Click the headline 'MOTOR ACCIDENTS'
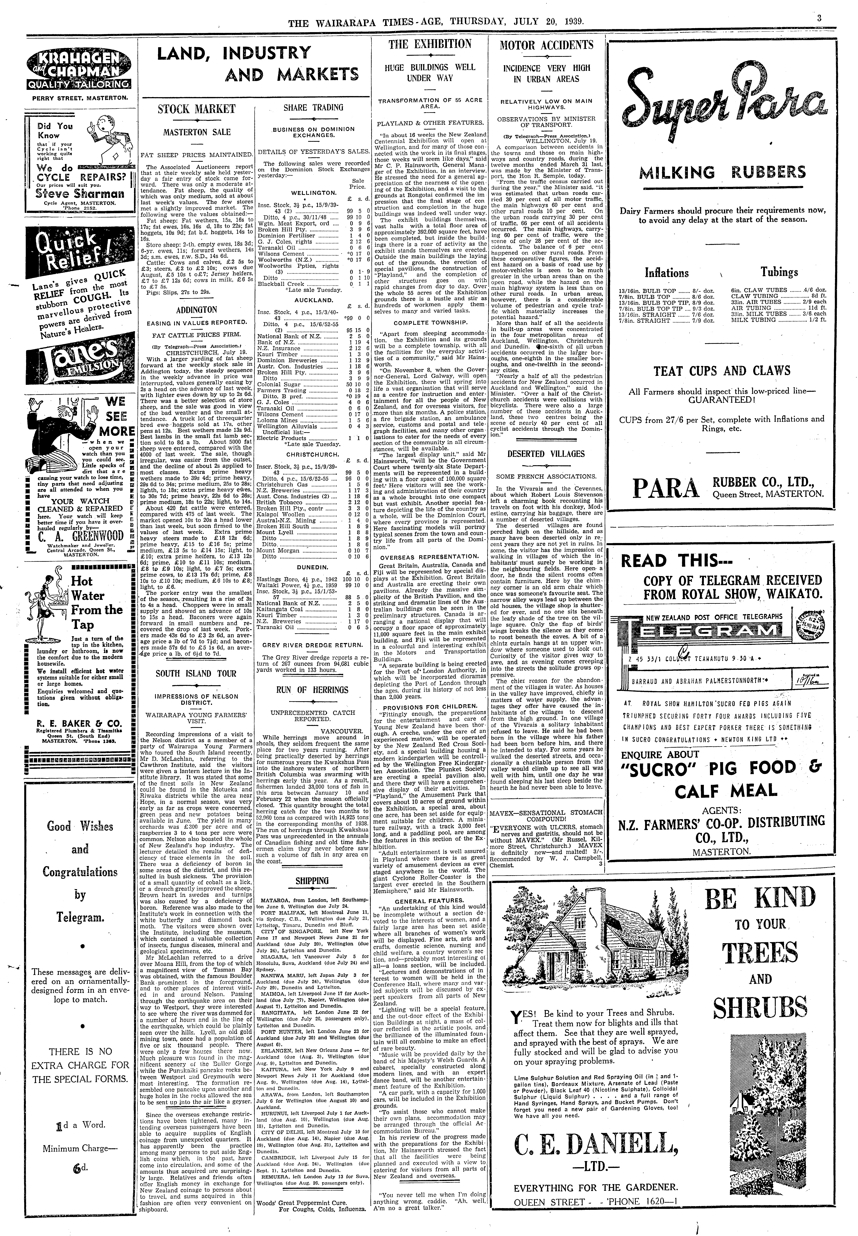pyautogui.click(x=546, y=45)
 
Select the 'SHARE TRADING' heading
pyautogui.click(x=313, y=108)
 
